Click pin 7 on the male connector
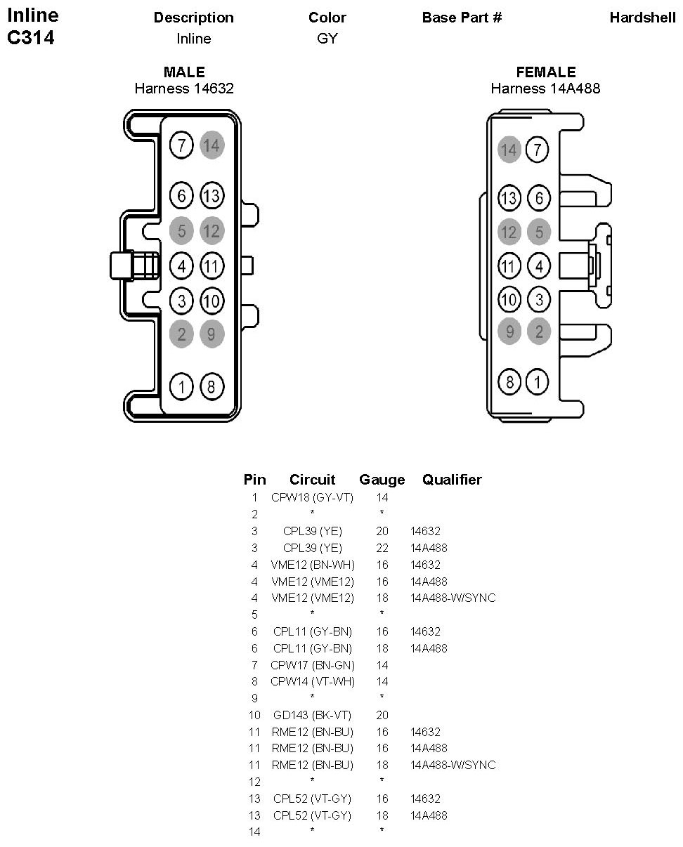[181, 146]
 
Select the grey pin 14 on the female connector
[509, 150]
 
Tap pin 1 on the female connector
[538, 382]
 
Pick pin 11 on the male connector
[212, 266]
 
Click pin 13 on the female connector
[509, 198]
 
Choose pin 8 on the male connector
[212, 386]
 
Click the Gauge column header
[382, 480]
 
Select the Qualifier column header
[452, 480]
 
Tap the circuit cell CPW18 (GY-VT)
[312, 497]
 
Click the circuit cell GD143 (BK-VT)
[312, 715]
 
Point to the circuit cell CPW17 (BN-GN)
[312, 664]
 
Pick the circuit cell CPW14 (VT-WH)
[312, 681]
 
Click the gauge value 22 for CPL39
[382, 548]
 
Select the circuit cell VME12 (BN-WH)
[312, 565]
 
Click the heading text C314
[30, 38]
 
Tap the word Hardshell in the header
[642, 18]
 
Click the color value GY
[327, 39]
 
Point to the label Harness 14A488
[545, 88]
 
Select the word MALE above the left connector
[184, 72]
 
